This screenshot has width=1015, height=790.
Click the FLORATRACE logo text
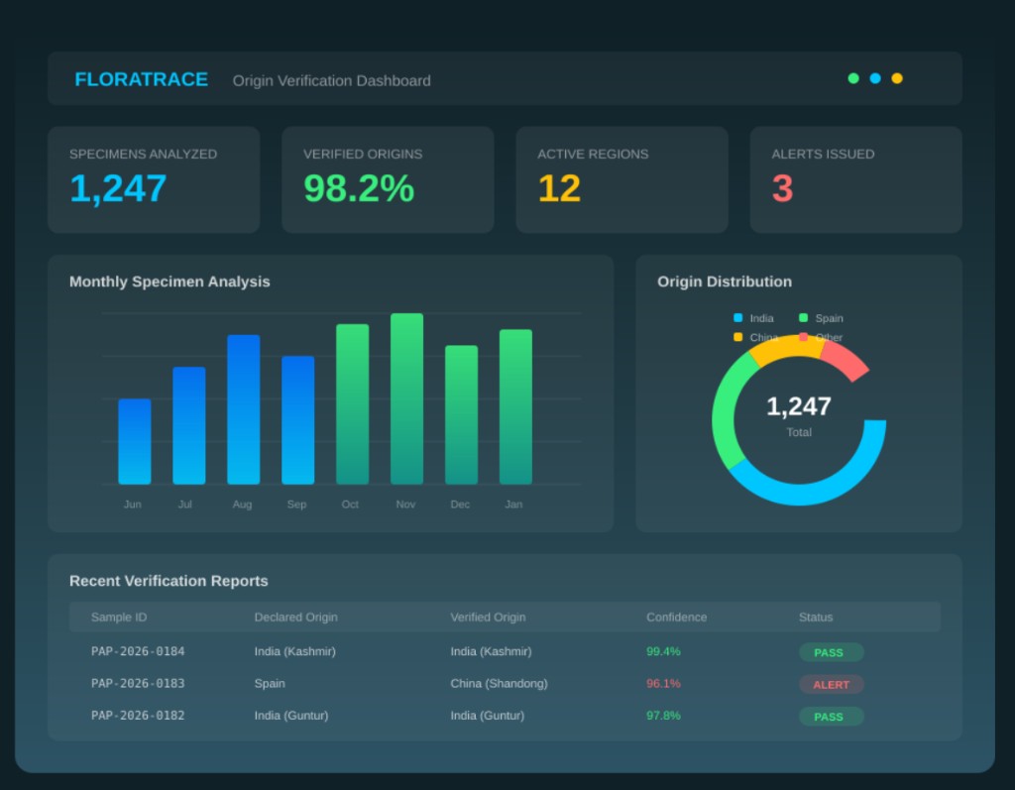141,79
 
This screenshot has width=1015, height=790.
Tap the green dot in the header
853,78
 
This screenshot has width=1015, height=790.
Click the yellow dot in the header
897,78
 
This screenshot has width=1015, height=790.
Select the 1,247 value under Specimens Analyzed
118,188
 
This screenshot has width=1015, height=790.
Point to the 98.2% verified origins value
359,188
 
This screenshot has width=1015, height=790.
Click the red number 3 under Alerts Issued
782,188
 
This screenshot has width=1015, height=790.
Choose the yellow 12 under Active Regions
559,188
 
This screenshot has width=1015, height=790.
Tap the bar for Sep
297,420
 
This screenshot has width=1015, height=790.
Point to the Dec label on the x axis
460,505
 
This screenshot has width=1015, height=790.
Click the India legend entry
754,318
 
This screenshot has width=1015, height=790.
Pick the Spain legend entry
822,318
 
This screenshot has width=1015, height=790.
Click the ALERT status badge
831,684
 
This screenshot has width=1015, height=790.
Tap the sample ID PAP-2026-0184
138,651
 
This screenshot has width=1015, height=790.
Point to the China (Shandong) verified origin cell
499,683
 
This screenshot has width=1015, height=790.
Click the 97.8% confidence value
663,715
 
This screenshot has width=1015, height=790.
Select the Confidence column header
676,617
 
